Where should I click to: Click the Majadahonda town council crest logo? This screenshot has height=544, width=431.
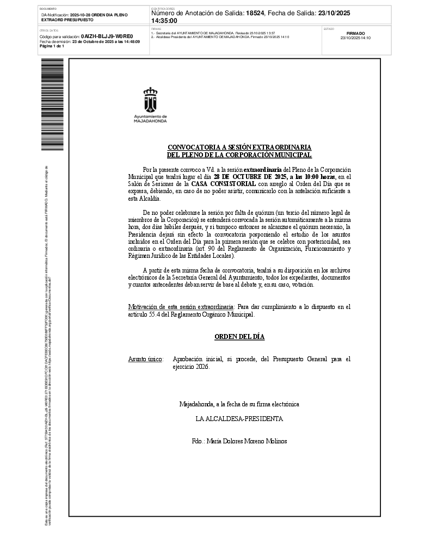[150, 104]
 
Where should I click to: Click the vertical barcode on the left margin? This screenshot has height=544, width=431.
[52, 104]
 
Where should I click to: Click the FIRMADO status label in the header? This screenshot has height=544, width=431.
[355, 33]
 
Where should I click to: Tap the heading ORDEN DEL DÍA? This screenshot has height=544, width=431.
[239, 337]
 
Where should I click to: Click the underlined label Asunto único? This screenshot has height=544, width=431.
[145, 359]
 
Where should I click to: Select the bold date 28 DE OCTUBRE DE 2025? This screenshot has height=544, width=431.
[250, 177]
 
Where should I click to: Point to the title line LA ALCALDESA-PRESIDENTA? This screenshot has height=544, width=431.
[239, 419]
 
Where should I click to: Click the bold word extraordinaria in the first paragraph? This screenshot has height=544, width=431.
[263, 170]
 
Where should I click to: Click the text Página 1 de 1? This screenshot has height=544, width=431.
[52, 46]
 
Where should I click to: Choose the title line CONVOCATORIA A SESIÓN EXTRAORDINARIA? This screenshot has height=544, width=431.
[239, 147]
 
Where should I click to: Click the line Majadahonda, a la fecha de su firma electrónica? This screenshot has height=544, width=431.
[239, 404]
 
